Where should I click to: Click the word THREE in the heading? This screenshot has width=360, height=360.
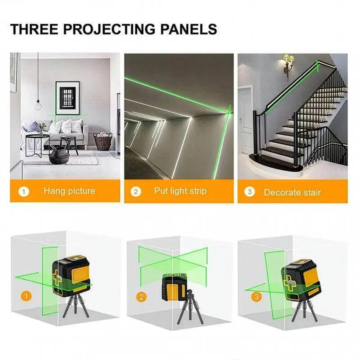point(34,29)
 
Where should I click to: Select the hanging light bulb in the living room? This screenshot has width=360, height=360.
point(38,105)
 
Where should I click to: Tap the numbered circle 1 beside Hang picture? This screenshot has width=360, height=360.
point(24,191)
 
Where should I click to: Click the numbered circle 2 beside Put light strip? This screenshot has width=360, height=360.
point(136,191)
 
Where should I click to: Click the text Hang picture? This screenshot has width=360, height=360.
point(69,191)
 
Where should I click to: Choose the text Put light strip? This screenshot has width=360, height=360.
point(180,191)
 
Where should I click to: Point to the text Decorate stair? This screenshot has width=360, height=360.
point(292,192)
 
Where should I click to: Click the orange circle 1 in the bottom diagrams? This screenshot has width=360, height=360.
point(27,296)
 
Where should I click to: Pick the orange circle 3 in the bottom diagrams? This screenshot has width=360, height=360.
point(256,297)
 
